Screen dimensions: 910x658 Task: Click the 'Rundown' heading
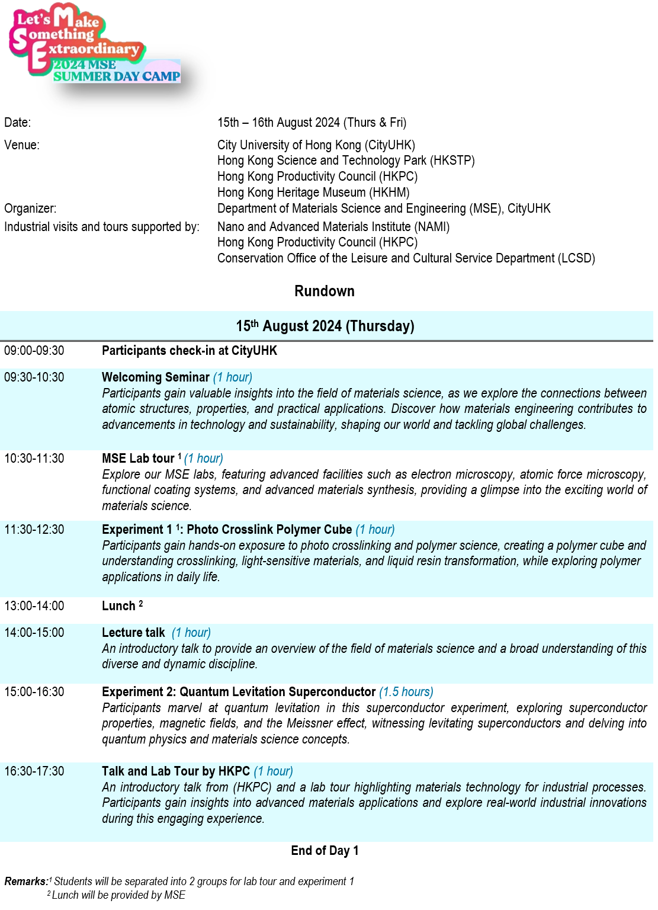[325, 291]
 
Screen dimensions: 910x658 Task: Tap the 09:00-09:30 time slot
[34, 351]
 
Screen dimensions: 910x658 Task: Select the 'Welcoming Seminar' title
[156, 377]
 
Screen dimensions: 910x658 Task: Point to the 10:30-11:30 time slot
[34, 459]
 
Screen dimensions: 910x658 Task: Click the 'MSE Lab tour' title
[138, 459]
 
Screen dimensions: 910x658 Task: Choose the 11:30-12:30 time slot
[34, 530]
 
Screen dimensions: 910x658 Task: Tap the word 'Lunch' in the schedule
[118, 606]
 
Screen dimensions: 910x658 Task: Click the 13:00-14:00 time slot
[34, 606]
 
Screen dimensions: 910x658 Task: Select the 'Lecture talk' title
[133, 633]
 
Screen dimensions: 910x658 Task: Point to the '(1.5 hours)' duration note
[406, 692]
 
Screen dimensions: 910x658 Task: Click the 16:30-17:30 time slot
[34, 771]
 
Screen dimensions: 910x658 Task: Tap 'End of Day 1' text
[325, 851]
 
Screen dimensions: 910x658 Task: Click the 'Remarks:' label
[26, 882]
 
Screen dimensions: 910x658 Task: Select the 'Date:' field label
[18, 123]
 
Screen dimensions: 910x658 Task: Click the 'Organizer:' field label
[30, 209]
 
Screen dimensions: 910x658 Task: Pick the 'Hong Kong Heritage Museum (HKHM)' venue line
[313, 193]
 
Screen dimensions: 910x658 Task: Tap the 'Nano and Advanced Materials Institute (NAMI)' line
[333, 227]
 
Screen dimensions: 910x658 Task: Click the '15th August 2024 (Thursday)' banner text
[325, 326]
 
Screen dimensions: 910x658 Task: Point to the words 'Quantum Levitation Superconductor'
[278, 692]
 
